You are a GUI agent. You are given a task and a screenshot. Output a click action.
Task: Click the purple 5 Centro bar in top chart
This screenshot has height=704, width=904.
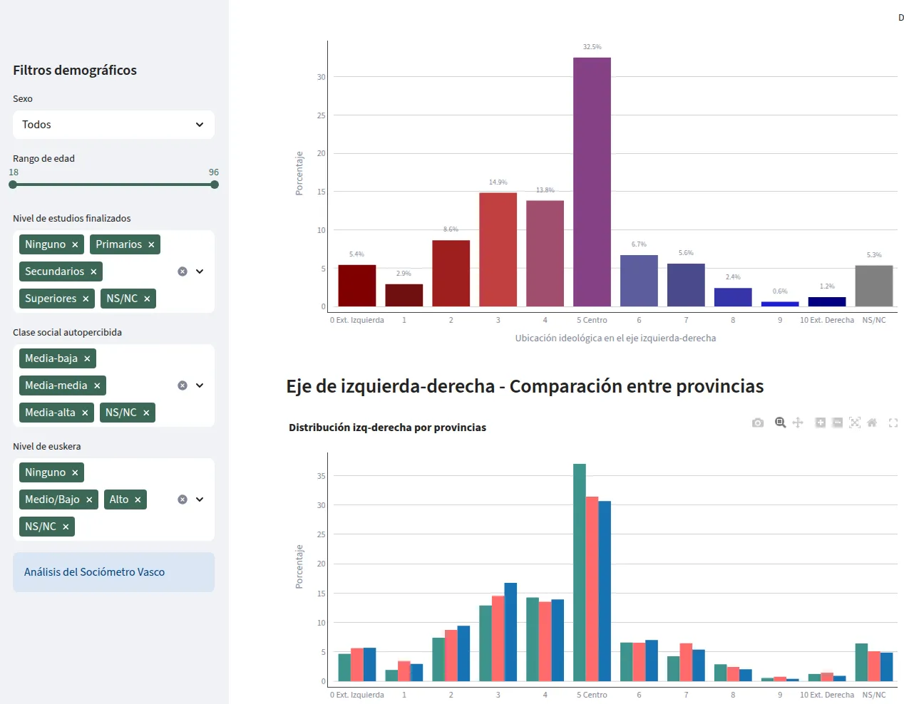[592, 182]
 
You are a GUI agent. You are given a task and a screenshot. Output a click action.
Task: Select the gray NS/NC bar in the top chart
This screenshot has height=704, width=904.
[873, 286]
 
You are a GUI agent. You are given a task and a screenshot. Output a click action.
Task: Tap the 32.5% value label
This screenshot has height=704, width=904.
[592, 47]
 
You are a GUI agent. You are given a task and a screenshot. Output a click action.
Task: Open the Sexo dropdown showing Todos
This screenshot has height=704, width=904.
[113, 125]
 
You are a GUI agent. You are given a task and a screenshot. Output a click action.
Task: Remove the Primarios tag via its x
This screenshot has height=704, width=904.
[151, 245]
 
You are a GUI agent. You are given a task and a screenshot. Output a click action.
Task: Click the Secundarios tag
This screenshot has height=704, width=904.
[54, 271]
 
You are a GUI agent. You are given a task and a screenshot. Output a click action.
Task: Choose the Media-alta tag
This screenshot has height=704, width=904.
[50, 413]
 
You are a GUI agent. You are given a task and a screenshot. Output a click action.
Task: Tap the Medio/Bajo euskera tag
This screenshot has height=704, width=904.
[52, 499]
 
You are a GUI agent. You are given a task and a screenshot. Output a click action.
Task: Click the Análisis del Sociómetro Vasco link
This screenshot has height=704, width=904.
[94, 572]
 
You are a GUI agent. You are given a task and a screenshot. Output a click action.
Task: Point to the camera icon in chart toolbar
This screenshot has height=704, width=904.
[758, 423]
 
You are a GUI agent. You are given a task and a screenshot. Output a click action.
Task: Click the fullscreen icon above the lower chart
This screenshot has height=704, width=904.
[893, 423]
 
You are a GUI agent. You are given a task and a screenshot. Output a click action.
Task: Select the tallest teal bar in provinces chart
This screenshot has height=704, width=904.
[580, 572]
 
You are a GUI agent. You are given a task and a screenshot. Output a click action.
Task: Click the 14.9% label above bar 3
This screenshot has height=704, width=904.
[498, 182]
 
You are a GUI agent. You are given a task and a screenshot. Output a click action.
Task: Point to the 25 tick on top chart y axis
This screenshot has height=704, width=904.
[321, 115]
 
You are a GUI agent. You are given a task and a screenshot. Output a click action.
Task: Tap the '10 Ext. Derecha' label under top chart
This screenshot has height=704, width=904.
[826, 320]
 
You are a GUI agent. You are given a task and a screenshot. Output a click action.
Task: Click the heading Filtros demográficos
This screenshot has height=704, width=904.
[75, 71]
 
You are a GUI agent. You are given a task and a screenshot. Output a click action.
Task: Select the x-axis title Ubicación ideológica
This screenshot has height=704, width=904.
[615, 338]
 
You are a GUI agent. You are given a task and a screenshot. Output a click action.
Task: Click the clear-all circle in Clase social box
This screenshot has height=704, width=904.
[183, 385]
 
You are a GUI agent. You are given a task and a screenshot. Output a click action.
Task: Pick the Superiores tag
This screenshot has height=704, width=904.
[50, 299]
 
